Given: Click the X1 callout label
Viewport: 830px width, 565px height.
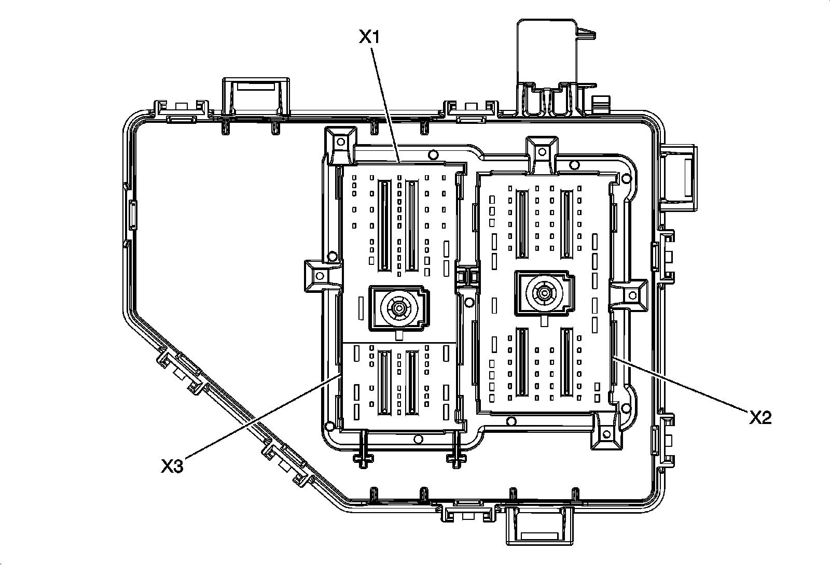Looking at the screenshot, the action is click(x=369, y=37).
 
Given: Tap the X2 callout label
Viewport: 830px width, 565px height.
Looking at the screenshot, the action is click(x=760, y=418).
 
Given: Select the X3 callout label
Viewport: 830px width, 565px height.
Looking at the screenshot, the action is click(x=172, y=466).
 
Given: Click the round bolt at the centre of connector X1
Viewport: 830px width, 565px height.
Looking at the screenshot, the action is click(x=399, y=308).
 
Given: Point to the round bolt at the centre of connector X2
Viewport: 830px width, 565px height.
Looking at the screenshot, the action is click(x=544, y=293).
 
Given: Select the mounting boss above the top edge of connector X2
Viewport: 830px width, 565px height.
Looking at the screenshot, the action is click(x=542, y=152).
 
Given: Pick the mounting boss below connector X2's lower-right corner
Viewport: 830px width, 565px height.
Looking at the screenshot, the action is click(x=606, y=433).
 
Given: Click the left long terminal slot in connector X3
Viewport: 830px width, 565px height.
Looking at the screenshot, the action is click(x=384, y=383).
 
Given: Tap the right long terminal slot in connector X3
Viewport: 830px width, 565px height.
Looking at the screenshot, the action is click(x=412, y=383).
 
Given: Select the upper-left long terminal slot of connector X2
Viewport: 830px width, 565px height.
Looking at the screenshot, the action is click(x=522, y=224).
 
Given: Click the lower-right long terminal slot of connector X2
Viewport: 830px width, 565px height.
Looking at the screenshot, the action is click(x=566, y=362).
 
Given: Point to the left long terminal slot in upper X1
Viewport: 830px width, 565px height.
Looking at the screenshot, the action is click(x=384, y=226).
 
